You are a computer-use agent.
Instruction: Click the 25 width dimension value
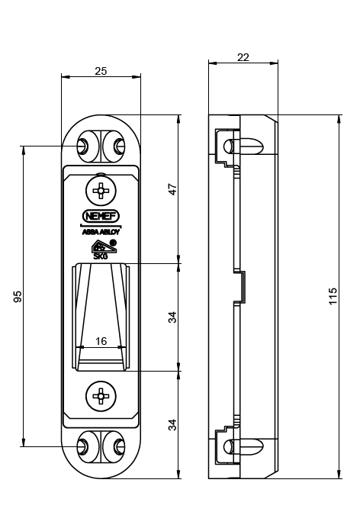tap(101, 71)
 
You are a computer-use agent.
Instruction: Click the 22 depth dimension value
tap(243, 57)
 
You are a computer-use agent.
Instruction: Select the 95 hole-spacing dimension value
tap(18, 296)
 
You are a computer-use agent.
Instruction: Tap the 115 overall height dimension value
tap(333, 296)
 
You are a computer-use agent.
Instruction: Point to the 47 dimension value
tap(172, 189)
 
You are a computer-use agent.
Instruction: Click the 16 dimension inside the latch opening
tap(101, 341)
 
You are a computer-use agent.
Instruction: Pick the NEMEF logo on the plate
tap(101, 216)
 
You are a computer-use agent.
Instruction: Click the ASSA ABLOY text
tap(101, 232)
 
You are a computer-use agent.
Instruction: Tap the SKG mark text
tap(101, 256)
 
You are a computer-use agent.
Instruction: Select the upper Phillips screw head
tap(101, 191)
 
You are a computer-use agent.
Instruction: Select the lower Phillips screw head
tap(101, 396)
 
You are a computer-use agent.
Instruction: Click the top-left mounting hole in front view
tap(83, 146)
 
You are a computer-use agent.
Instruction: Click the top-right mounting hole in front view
tap(120, 146)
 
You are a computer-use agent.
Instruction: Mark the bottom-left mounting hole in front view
tap(83, 447)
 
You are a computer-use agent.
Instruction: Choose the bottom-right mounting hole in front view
tap(120, 447)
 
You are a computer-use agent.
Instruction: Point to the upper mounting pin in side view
tap(243, 146)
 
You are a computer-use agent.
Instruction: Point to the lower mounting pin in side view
tap(243, 447)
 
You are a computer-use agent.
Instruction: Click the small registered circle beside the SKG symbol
tap(114, 242)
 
